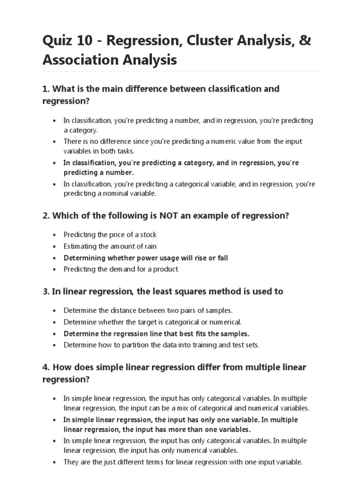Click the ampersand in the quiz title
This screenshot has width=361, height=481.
[x=305, y=41]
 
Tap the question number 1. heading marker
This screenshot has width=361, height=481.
[x=46, y=88]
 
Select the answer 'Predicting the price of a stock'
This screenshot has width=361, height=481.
[x=110, y=234]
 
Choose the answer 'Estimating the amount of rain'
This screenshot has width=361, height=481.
[x=110, y=246]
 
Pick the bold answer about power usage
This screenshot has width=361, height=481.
[x=146, y=258]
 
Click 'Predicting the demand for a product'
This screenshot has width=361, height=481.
[x=121, y=269]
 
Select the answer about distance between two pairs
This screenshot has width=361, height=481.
[x=148, y=310]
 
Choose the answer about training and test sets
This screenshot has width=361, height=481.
[x=161, y=345]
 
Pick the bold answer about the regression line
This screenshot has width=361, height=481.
[x=157, y=334]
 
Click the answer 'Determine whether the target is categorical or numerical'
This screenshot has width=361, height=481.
[x=153, y=322]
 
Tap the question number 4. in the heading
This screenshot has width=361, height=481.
[x=46, y=367]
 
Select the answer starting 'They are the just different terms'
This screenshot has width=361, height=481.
[x=183, y=462]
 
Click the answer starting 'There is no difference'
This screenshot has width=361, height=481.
[x=183, y=146]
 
